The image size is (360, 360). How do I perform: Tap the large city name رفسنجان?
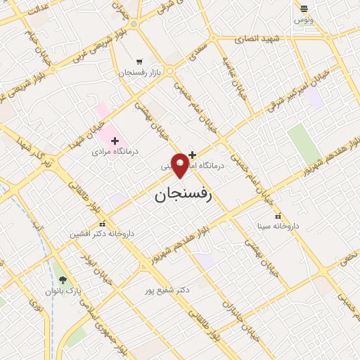(x=182, y=195)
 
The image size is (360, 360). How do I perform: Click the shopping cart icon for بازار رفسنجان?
(x=140, y=62)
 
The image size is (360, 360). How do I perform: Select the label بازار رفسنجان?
(x=139, y=73)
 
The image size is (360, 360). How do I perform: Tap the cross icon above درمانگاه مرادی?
(x=115, y=141)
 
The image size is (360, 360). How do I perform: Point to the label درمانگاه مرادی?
(x=114, y=152)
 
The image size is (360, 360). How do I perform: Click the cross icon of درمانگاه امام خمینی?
(x=192, y=155)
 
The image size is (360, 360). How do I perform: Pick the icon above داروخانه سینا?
(x=278, y=217)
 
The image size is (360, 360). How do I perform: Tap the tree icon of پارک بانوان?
(x=63, y=280)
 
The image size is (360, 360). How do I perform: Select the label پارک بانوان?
(x=64, y=290)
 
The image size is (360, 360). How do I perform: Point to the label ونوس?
(x=304, y=20)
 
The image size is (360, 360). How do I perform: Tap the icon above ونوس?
(x=304, y=9)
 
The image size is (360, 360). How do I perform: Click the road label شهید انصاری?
(x=261, y=39)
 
